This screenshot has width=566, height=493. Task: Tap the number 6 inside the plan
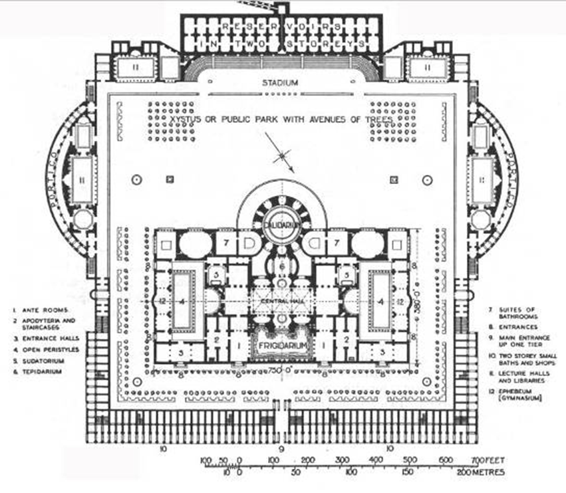coord(283,266)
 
